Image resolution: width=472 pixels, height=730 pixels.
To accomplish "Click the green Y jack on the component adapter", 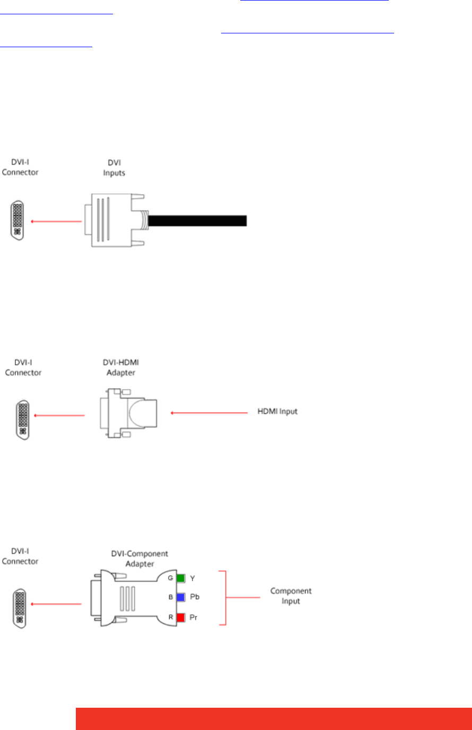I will pyautogui.click(x=180, y=578).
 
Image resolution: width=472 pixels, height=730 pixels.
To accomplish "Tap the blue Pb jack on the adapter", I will pyautogui.click(x=180, y=597).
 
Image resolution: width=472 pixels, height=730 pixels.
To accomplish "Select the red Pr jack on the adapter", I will pyautogui.click(x=180, y=618).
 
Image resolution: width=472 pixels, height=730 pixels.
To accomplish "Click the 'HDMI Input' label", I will pyautogui.click(x=274, y=411).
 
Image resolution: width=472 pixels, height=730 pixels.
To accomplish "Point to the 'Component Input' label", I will pyautogui.click(x=291, y=596).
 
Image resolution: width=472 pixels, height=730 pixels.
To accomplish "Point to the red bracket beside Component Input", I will pyautogui.click(x=227, y=598).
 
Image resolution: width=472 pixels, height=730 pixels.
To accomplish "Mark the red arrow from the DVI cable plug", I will pyautogui.click(x=56, y=221).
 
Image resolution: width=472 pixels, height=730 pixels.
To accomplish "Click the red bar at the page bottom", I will pyautogui.click(x=273, y=718).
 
